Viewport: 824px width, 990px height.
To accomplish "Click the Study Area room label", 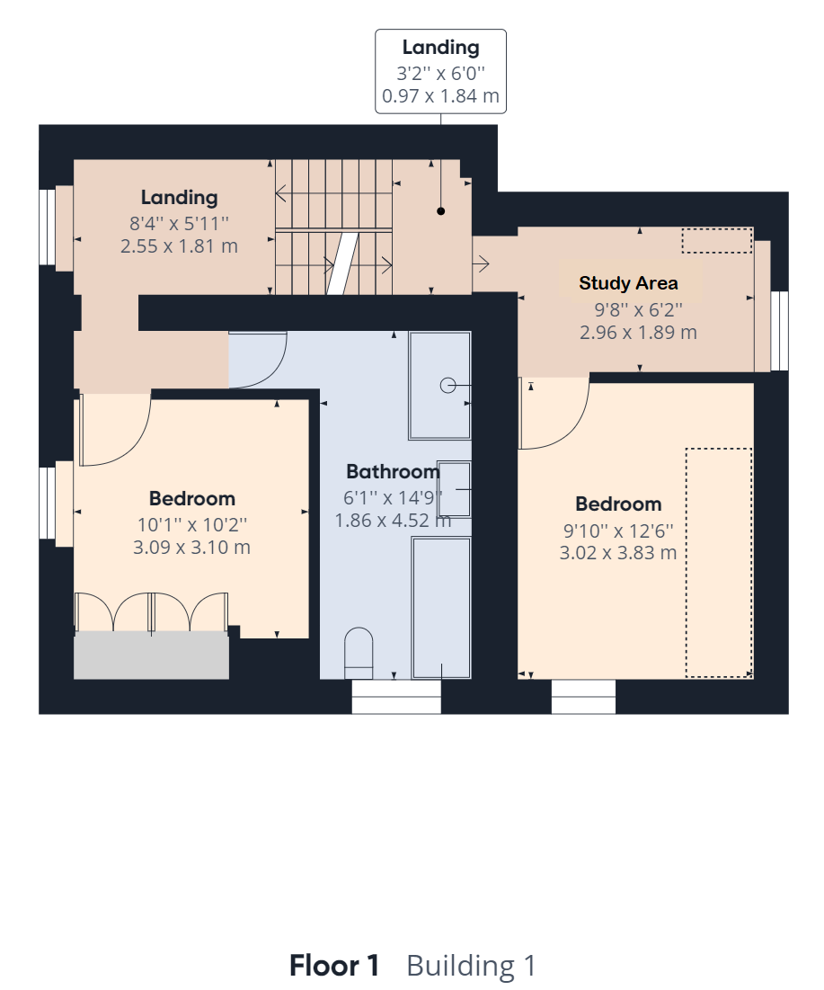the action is point(628,283).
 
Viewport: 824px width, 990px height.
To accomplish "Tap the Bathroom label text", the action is point(393,472).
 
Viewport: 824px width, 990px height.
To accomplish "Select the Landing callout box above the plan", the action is point(440,71).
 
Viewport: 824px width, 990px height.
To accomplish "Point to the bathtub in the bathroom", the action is point(442,607).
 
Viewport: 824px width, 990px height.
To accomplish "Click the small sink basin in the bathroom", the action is point(455,489).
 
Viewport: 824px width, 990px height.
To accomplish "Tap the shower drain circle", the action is point(447,385).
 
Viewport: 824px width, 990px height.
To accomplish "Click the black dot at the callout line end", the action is point(441,211).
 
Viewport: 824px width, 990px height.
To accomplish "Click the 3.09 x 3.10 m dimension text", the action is point(191,547).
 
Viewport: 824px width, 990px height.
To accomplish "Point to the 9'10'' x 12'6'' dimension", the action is point(618,531).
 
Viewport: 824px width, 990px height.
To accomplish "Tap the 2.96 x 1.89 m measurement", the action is point(639,332).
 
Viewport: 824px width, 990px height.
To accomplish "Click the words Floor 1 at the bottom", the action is point(333,966).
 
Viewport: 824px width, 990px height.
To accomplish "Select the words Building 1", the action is point(472,966).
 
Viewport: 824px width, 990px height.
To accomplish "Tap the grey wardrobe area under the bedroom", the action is point(152,655).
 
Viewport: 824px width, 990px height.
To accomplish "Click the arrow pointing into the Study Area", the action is point(481,263).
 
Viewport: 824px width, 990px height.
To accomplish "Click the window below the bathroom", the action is point(396,696).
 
